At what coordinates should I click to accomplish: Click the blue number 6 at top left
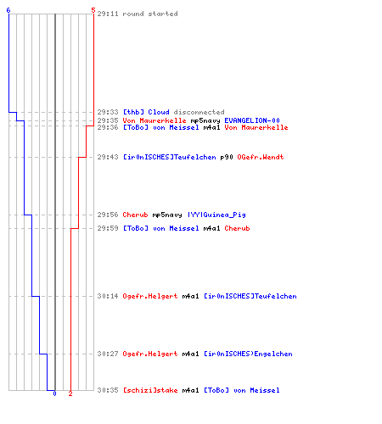[x=8, y=10]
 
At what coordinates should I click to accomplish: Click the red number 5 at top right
[x=93, y=10]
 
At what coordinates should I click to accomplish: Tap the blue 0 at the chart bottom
[x=54, y=393]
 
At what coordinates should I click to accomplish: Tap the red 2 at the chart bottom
[x=70, y=393]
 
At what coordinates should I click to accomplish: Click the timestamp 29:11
[x=108, y=14]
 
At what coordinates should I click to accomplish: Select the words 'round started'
[x=150, y=14]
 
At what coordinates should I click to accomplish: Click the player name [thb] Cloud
[x=146, y=112]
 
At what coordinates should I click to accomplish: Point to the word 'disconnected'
[x=199, y=112]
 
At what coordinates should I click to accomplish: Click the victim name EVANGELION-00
[x=252, y=120]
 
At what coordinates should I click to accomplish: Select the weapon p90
[x=227, y=158]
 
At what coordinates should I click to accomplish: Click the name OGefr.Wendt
[x=261, y=157]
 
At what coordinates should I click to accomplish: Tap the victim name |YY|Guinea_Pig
[x=216, y=215]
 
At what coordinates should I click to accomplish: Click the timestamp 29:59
[x=108, y=228]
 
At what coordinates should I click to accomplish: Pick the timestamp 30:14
[x=108, y=296]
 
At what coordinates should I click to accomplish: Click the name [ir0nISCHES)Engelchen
[x=248, y=354]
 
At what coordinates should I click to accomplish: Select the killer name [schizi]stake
[x=150, y=390]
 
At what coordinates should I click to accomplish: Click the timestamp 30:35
[x=108, y=390]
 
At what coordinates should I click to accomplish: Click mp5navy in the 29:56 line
[x=167, y=215]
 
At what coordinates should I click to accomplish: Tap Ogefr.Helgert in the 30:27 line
[x=150, y=354]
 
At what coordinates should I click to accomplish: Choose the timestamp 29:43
[x=108, y=157]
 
